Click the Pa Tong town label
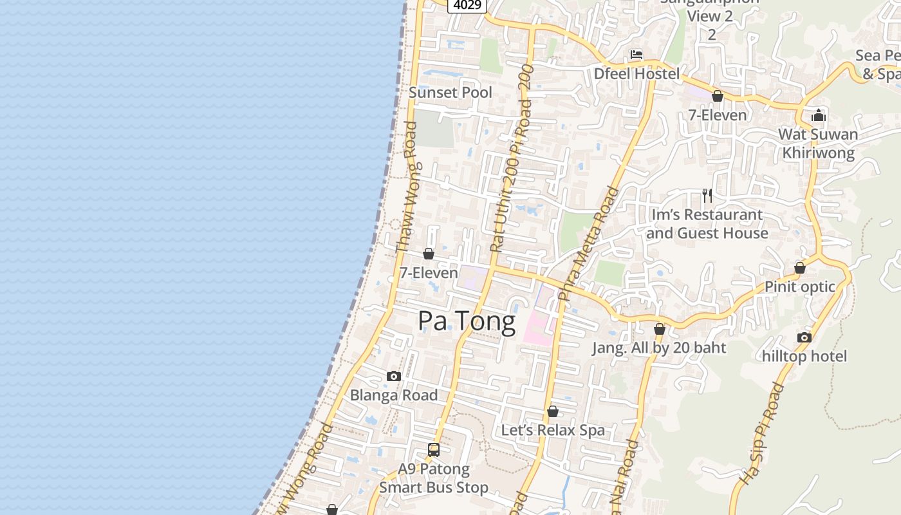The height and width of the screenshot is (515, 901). pos(467,321)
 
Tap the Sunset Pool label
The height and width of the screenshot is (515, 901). pos(450,93)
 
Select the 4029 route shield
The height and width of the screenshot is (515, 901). pos(467,5)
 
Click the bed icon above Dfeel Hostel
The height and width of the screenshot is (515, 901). pos(636,55)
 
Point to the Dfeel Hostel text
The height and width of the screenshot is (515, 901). pos(636,74)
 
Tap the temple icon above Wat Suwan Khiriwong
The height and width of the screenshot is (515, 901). pos(819,116)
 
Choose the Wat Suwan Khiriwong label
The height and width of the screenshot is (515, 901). pos(818,144)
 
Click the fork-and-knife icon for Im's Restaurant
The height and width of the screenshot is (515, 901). pos(707,196)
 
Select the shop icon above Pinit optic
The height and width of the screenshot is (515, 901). pos(800,268)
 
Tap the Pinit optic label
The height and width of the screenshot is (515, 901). pos(800,287)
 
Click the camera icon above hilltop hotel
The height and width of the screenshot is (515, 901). pos(804,337)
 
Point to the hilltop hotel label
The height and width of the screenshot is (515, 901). pos(804,356)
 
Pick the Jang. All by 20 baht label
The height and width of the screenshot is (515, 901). pos(659,348)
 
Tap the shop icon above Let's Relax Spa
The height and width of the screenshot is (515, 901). pos(552,411)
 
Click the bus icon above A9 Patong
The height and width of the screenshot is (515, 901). pos(434,450)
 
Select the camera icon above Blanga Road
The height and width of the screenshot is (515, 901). pos(394,377)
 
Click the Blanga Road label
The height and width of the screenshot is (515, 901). pos(394,395)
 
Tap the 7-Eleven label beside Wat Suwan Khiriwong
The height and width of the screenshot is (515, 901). pos(718,115)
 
